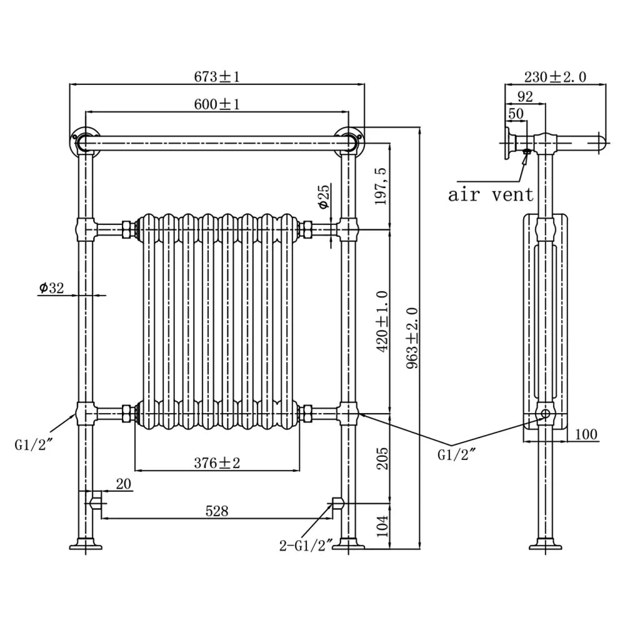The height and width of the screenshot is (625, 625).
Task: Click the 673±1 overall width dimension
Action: coord(217,76)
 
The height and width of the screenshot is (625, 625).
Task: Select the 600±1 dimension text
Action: coord(217,104)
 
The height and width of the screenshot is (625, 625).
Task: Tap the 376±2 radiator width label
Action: coord(217,462)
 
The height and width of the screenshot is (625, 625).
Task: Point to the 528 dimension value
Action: coord(217,511)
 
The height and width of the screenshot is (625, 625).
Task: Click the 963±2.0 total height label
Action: coord(412,337)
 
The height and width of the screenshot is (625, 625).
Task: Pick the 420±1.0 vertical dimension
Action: coord(382,321)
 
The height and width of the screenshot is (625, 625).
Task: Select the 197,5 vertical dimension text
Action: coord(381,186)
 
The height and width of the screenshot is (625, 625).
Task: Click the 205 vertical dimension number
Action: coord(382,458)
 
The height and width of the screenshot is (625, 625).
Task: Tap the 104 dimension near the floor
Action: coord(382,526)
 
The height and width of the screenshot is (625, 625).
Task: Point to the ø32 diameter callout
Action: coord(51,287)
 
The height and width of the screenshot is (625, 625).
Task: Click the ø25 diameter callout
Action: coord(324,196)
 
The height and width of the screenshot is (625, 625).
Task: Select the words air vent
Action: coord(491,195)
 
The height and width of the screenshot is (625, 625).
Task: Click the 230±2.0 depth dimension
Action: coord(555,76)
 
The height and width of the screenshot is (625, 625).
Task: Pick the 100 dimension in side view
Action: coord(586,434)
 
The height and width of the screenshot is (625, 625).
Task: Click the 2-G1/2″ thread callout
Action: coord(306,545)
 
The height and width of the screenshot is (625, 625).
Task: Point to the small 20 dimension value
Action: coord(124,484)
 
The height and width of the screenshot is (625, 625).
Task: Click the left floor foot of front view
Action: coord(86,544)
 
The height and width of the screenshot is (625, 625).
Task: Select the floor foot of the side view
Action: coord(545,544)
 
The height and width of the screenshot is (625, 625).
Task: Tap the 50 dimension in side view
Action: coord(516,114)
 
